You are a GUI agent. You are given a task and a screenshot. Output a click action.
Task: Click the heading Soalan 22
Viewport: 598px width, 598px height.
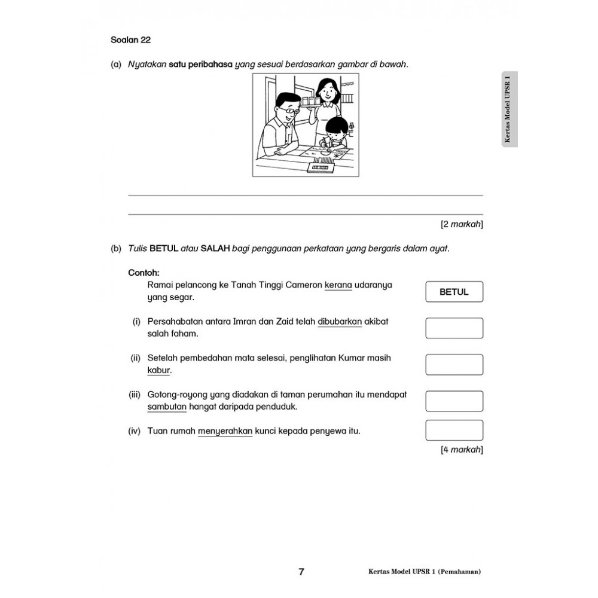[x=131, y=41]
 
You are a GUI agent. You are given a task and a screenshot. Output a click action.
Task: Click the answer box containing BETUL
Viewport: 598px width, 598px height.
[x=454, y=292]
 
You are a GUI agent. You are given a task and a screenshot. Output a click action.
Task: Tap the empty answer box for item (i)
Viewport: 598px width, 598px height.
[x=454, y=328]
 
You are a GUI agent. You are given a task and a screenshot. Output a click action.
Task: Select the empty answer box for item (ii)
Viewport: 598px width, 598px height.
[x=454, y=365]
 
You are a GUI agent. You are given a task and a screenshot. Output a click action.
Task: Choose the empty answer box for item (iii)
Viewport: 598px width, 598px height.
[x=454, y=401]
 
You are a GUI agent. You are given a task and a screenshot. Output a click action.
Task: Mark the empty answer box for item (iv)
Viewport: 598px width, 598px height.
[x=454, y=431]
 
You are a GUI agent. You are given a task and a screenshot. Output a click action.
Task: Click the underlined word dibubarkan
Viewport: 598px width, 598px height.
[x=340, y=321]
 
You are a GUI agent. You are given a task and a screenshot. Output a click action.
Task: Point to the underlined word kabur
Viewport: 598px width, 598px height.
[x=159, y=370]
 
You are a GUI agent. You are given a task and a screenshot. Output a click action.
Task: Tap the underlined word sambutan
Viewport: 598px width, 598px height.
[x=167, y=407]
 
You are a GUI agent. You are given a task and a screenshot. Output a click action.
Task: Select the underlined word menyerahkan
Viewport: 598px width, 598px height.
[x=225, y=431]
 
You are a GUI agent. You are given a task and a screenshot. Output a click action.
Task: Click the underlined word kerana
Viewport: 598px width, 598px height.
[x=338, y=285]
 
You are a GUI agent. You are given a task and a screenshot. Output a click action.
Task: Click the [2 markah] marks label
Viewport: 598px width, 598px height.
[x=462, y=224]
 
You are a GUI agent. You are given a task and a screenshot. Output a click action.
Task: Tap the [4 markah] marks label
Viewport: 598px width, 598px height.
[x=462, y=450]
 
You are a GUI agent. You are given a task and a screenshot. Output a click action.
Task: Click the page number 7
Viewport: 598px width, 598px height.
[x=301, y=572]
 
